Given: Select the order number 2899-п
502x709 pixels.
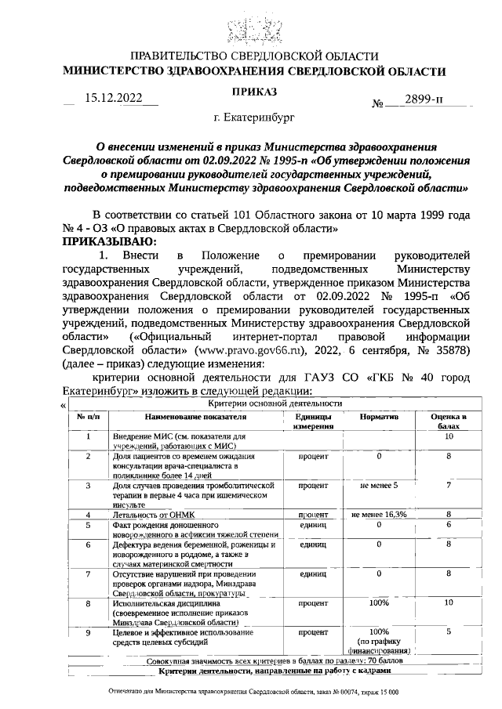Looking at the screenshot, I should pyautogui.click(x=424, y=99).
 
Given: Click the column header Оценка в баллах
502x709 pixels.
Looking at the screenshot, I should pyautogui.click(x=449, y=421).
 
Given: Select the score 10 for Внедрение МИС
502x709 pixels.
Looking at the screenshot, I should pyautogui.click(x=449, y=436).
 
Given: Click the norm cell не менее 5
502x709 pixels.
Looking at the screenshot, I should pyautogui.click(x=379, y=485).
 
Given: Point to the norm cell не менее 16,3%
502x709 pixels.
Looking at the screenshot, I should pyautogui.click(x=379, y=514).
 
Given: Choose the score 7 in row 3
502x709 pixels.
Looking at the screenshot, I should pyautogui.click(x=449, y=485).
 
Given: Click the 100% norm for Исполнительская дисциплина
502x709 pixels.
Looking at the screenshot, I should pyautogui.click(x=379, y=602).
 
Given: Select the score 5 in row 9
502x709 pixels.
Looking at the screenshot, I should pyautogui.click(x=449, y=631).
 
